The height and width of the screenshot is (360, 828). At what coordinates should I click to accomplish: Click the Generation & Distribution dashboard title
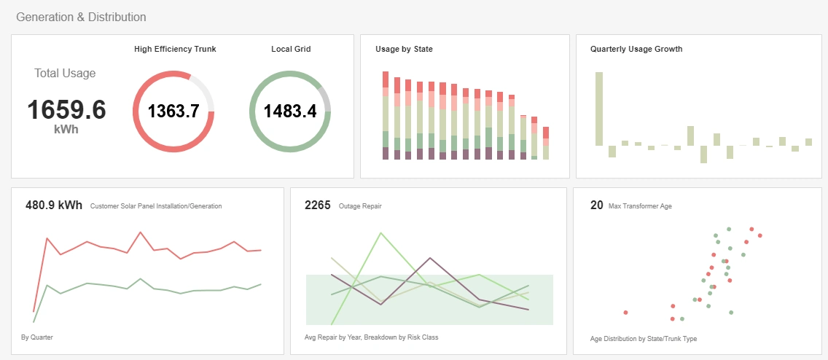pyautogui.click(x=81, y=17)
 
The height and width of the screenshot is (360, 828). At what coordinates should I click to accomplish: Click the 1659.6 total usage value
pyautogui.click(x=66, y=110)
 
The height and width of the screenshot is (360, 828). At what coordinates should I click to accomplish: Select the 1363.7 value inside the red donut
pyautogui.click(x=173, y=111)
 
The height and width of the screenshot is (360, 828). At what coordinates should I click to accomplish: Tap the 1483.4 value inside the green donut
pyautogui.click(x=290, y=111)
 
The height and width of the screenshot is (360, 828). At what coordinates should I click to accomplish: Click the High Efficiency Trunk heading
pyautogui.click(x=175, y=50)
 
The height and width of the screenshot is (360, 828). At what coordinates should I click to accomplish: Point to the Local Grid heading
pyautogui.click(x=290, y=50)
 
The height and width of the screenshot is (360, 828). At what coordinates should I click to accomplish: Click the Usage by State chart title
pyautogui.click(x=405, y=50)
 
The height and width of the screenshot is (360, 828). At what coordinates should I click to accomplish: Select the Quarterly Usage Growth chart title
pyautogui.click(x=636, y=50)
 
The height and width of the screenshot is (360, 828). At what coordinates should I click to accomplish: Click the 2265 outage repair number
pyautogui.click(x=318, y=205)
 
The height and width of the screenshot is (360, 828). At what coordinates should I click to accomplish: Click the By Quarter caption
pyautogui.click(x=37, y=337)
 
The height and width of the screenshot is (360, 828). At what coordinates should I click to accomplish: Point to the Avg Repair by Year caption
pyautogui.click(x=371, y=337)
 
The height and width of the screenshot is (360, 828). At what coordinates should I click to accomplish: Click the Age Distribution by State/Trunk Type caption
pyautogui.click(x=644, y=339)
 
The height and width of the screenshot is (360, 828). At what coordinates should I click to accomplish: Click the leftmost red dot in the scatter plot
pyautogui.click(x=625, y=313)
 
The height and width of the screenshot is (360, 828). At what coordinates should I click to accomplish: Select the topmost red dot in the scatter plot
pyautogui.click(x=750, y=227)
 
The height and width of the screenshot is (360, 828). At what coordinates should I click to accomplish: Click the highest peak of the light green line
pyautogui.click(x=380, y=233)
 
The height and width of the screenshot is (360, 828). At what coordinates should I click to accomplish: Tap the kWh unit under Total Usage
pyautogui.click(x=66, y=130)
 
